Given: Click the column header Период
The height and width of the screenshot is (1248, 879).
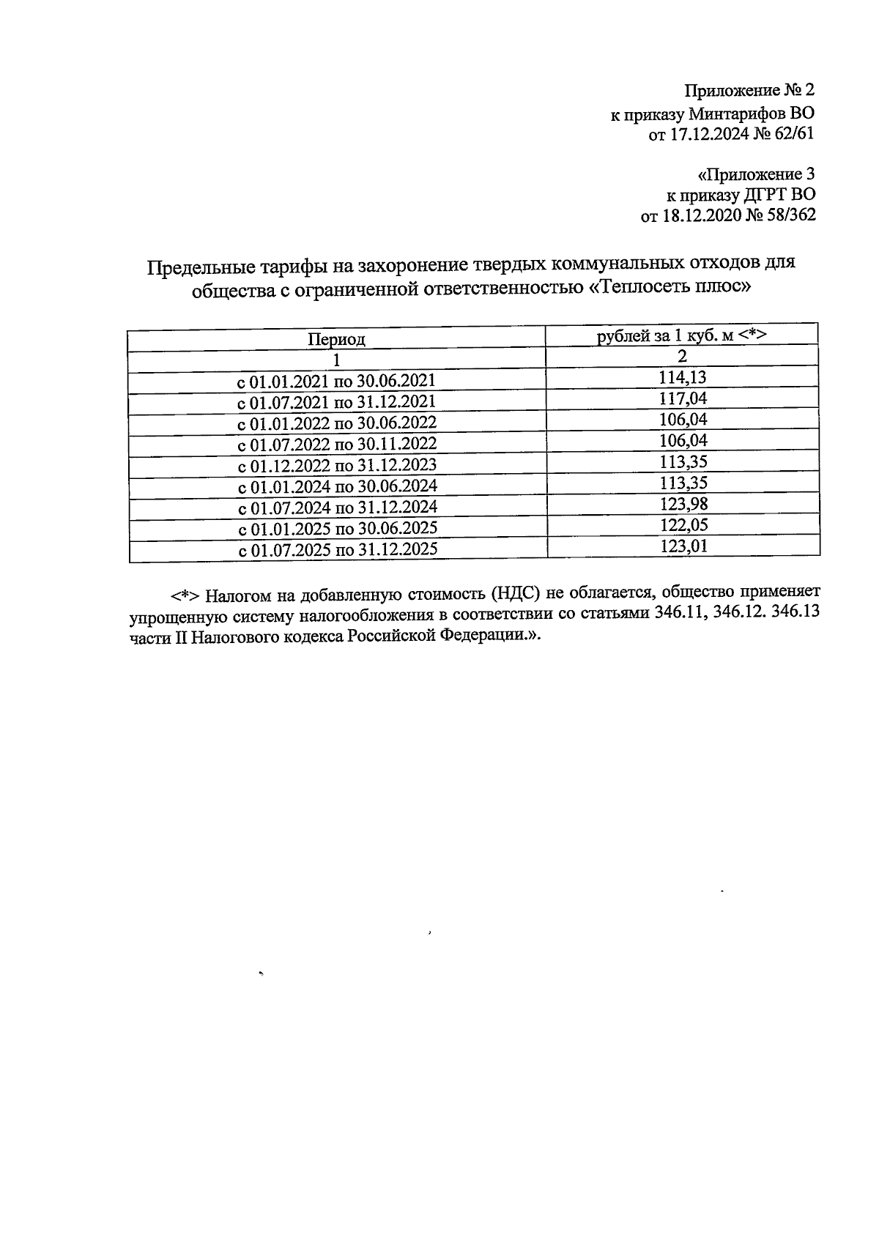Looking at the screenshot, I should pyautogui.click(x=336, y=339).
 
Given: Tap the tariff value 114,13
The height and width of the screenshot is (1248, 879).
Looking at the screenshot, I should pyautogui.click(x=682, y=377).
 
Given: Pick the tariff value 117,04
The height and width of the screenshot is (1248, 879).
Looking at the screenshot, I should pyautogui.click(x=682, y=398).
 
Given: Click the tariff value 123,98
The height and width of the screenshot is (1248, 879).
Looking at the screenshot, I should pyautogui.click(x=683, y=504).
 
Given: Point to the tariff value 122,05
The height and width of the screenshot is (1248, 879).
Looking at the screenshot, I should pyautogui.click(x=683, y=525).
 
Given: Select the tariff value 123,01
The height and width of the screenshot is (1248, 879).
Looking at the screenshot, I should pyautogui.click(x=683, y=546).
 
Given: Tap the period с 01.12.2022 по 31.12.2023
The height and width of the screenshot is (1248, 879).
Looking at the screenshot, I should pyautogui.click(x=337, y=465).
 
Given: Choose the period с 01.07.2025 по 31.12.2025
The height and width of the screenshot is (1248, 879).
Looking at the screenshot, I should pyautogui.click(x=338, y=549).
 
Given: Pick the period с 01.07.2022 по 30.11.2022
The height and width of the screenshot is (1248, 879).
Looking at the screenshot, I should pyautogui.click(x=337, y=444).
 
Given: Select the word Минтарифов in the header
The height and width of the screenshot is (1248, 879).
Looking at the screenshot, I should pyautogui.click(x=735, y=114).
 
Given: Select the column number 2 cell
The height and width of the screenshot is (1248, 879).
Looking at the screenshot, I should pyautogui.click(x=682, y=357).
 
